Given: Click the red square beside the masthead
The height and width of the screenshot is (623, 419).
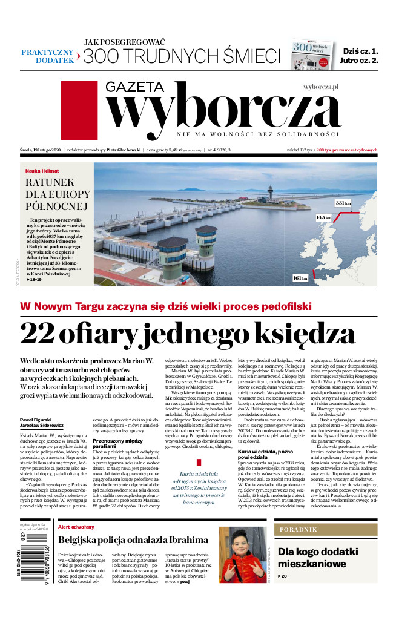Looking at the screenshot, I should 79,111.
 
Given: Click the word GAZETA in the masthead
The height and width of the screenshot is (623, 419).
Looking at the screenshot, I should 136,87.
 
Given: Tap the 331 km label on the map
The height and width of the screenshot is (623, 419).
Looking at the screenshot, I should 343,203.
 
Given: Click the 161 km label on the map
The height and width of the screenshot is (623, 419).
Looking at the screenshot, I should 300,277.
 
